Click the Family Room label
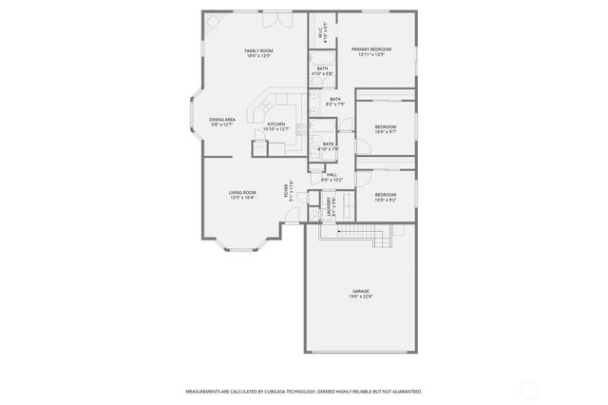(258, 52)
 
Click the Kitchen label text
(275, 125)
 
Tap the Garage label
(361, 293)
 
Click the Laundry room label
(329, 204)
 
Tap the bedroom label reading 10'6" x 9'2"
(385, 197)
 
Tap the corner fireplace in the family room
(213, 20)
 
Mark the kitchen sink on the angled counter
(267, 103)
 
